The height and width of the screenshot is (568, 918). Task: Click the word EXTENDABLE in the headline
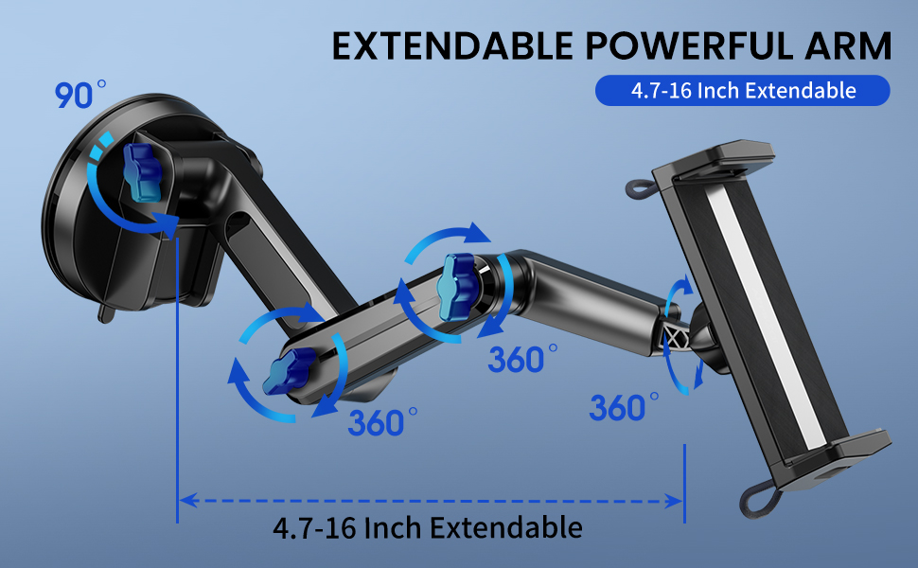(x=452, y=45)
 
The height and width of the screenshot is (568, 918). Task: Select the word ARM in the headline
(x=848, y=45)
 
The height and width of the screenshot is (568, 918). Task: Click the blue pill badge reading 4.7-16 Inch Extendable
(x=742, y=91)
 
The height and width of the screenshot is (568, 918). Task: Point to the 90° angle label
(x=80, y=94)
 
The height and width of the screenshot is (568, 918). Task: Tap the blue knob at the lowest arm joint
(x=289, y=371)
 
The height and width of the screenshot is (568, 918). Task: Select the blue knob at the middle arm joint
(x=457, y=286)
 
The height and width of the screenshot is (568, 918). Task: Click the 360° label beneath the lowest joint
(x=382, y=422)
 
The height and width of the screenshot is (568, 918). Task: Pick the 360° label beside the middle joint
(x=522, y=359)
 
